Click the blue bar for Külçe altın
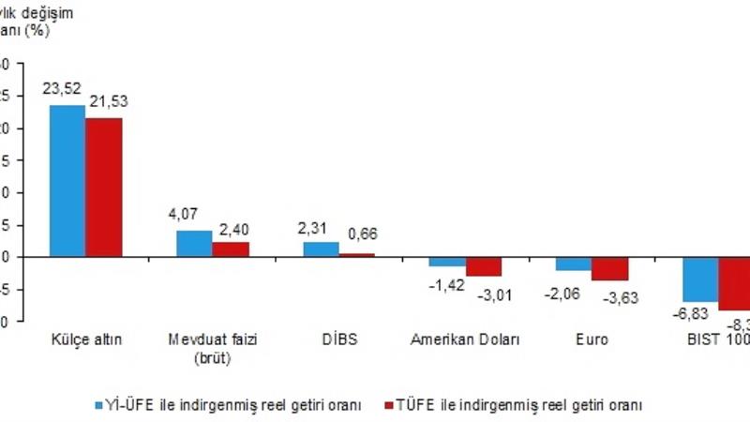67,180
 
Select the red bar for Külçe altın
104,187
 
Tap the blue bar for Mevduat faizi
194,243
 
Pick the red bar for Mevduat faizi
231,249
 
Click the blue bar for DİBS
321,249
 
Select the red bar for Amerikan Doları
484,265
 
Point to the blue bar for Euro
574,263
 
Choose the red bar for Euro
610,268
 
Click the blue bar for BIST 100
700,279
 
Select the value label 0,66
361,234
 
